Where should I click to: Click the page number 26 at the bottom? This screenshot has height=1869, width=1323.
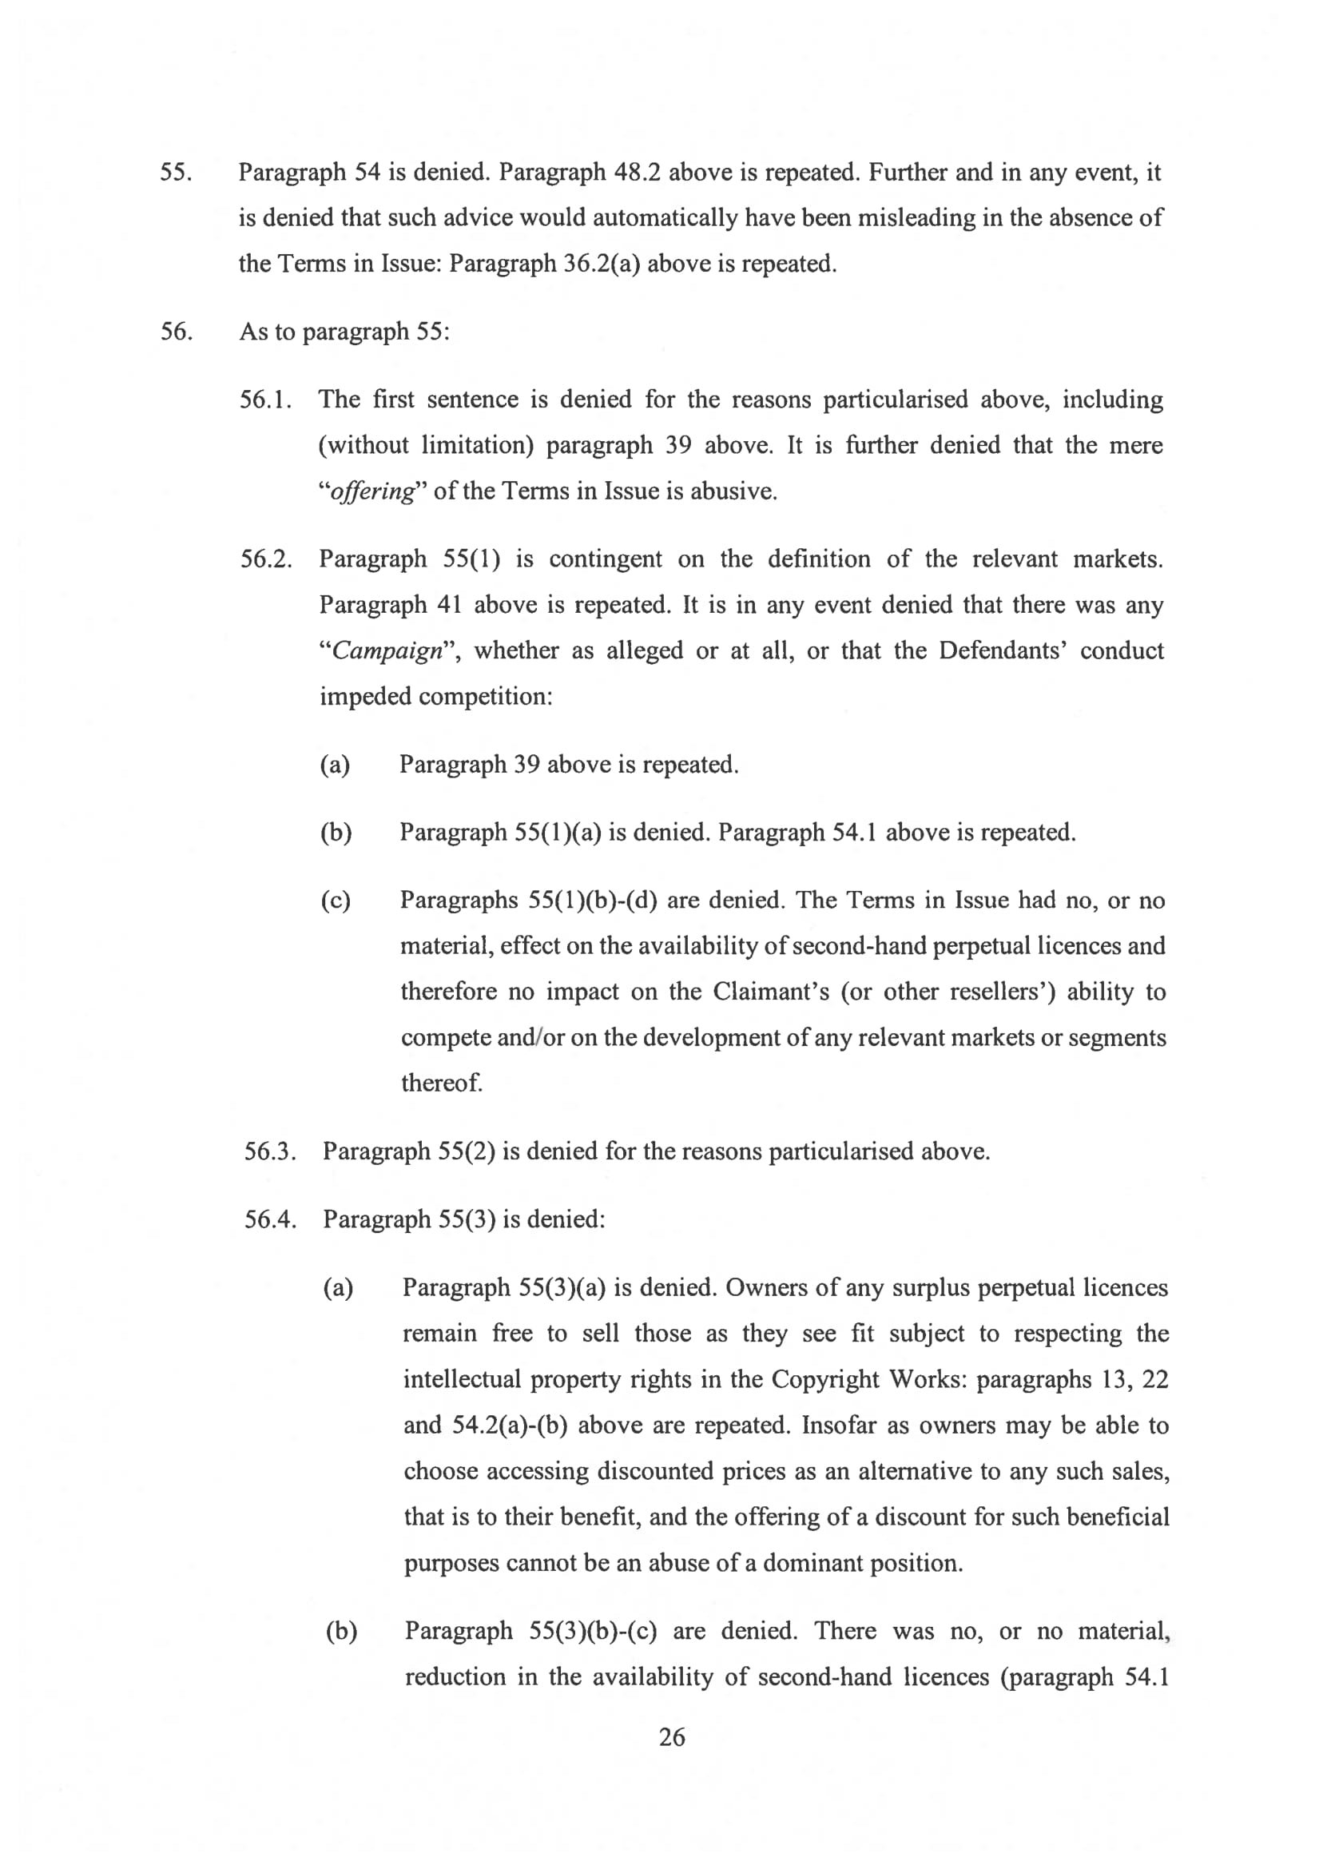(x=671, y=1738)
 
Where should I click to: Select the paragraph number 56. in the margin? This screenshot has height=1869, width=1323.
(x=175, y=332)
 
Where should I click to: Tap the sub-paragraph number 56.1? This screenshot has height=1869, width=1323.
(x=265, y=400)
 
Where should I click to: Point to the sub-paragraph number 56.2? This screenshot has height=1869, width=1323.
(x=265, y=559)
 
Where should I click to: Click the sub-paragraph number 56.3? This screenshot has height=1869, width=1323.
(x=270, y=1151)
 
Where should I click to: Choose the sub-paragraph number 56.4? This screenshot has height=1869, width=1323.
(x=270, y=1219)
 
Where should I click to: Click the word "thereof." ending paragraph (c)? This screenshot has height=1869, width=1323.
(x=442, y=1083)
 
